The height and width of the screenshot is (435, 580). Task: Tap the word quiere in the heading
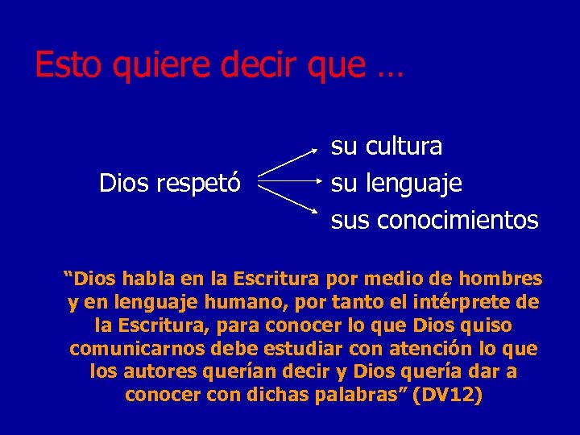(x=151, y=65)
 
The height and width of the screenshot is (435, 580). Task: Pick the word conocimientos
(x=457, y=219)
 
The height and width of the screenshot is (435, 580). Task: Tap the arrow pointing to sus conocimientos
(x=290, y=201)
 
